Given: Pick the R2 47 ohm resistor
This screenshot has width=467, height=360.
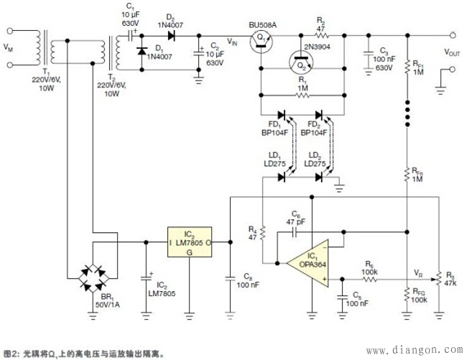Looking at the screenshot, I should pyautogui.click(x=322, y=34).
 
